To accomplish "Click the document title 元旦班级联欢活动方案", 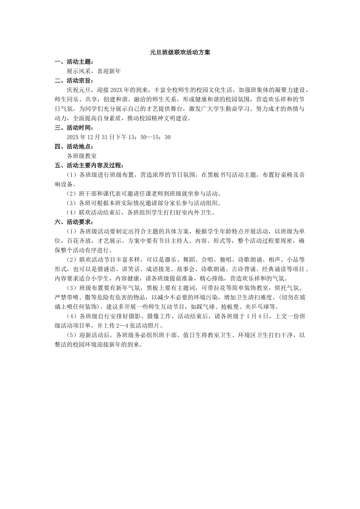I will click(x=180, y=53).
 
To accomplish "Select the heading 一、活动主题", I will click(x=74, y=62).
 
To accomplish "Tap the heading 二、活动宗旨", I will click(x=74, y=81).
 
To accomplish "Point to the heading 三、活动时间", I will click(x=74, y=128).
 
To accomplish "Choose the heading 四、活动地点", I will click(x=74, y=147).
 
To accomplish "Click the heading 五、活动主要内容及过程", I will click(x=89, y=166).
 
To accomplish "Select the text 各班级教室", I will click(x=81, y=156).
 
